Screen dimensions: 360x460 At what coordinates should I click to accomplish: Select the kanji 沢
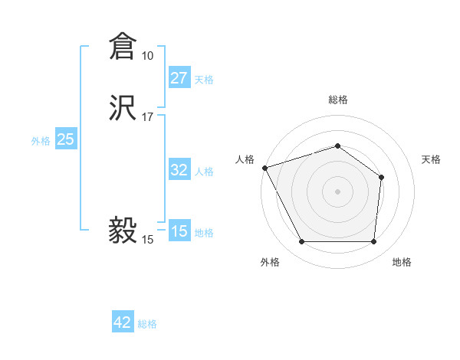pyautogui.click(x=123, y=108)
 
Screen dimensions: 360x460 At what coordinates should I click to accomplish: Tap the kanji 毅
pyautogui.click(x=123, y=229)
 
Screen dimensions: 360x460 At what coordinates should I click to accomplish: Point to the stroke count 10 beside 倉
pyautogui.click(x=148, y=56)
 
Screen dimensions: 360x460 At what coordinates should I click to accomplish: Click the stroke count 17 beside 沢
pyautogui.click(x=148, y=117)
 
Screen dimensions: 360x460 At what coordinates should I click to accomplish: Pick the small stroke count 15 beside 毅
pyautogui.click(x=148, y=240)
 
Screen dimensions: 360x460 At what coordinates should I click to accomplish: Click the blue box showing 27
pyautogui.click(x=179, y=78)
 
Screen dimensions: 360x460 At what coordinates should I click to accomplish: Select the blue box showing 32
pyautogui.click(x=179, y=170)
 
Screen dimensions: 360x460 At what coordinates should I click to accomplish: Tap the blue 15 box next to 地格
pyautogui.click(x=179, y=231)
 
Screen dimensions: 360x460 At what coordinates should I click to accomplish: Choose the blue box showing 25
pyautogui.click(x=66, y=139)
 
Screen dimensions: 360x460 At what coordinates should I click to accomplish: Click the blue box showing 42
pyautogui.click(x=123, y=322)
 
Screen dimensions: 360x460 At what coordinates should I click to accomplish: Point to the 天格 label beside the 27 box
pyautogui.click(x=204, y=80)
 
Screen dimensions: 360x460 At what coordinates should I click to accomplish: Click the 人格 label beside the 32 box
pyautogui.click(x=204, y=172)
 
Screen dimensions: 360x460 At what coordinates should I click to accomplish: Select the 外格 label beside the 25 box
pyautogui.click(x=41, y=141)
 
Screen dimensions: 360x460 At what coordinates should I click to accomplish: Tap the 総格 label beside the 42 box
pyautogui.click(x=147, y=324)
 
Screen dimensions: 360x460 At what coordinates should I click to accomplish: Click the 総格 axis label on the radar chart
pyautogui.click(x=338, y=100)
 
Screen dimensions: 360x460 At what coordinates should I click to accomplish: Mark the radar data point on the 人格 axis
pyautogui.click(x=264, y=167)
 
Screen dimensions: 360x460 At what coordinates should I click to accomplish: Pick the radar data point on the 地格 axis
pyautogui.click(x=373, y=242)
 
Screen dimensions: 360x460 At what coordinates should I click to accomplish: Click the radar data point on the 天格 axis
pyautogui.click(x=382, y=177)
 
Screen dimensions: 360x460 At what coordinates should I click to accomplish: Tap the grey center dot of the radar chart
pyautogui.click(x=338, y=191)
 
